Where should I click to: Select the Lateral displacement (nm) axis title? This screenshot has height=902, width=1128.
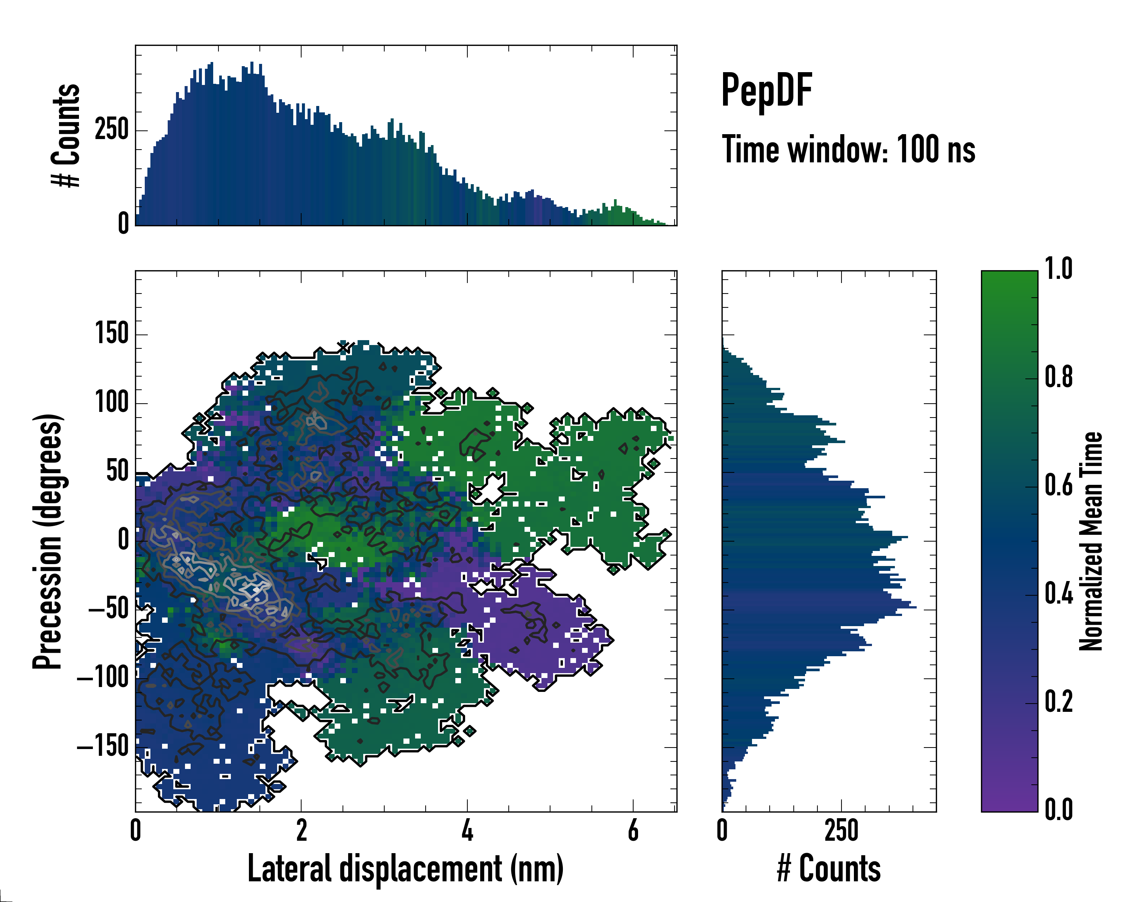click(x=405, y=869)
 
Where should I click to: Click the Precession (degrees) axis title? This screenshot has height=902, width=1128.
click(x=48, y=541)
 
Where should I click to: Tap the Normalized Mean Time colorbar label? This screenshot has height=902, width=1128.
click(x=1092, y=541)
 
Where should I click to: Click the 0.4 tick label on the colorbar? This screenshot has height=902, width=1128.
click(x=1058, y=595)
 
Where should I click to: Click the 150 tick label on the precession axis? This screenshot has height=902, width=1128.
click(x=111, y=334)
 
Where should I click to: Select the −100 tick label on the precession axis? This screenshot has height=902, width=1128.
click(x=103, y=678)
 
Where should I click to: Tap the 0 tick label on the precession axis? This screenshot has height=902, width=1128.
click(x=123, y=540)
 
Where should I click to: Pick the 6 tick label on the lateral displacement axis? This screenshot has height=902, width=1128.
click(x=633, y=830)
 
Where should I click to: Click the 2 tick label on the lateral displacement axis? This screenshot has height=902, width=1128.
click(x=301, y=830)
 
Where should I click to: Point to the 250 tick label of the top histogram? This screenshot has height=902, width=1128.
click(x=111, y=130)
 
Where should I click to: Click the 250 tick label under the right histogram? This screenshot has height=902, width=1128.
click(x=841, y=830)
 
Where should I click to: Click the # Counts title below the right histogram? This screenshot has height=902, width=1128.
click(x=829, y=869)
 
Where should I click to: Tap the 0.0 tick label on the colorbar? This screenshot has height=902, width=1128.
click(x=1058, y=810)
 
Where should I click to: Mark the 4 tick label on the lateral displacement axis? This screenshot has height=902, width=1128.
click(x=467, y=830)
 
